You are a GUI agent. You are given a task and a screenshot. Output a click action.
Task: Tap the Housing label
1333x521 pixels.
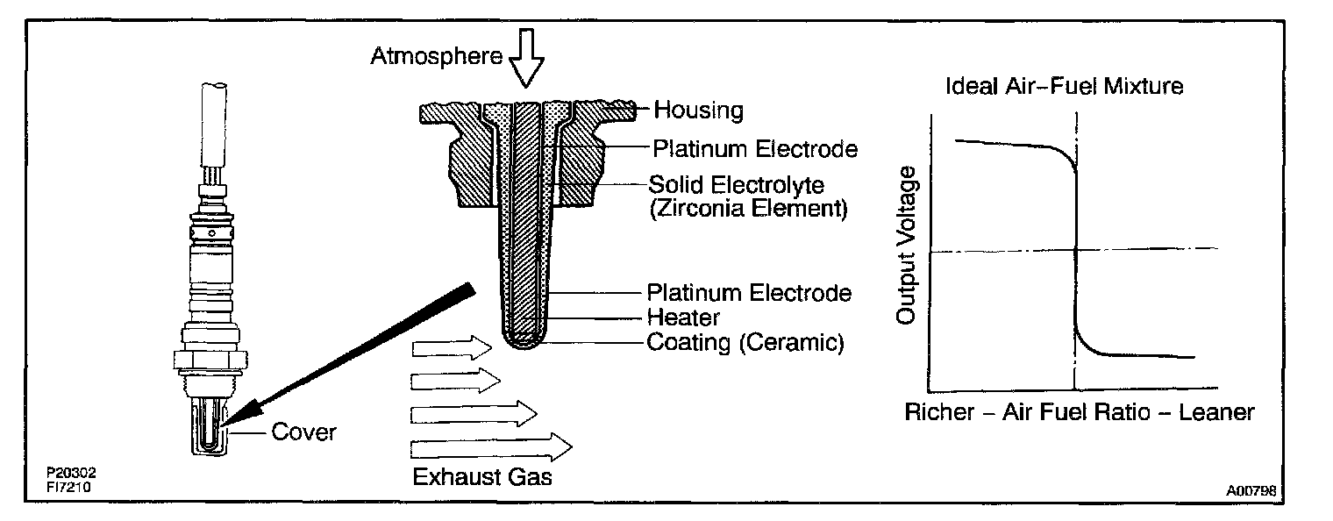(x=699, y=111)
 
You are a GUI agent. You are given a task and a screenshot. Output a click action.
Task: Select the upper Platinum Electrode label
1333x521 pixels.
(x=754, y=149)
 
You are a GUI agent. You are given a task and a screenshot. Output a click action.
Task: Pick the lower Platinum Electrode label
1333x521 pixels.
(x=749, y=292)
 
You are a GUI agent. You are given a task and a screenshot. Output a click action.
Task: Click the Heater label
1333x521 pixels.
(x=683, y=317)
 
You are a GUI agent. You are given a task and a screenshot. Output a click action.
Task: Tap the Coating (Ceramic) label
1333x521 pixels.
(x=745, y=342)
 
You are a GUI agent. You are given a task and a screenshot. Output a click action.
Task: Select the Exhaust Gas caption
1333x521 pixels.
(x=483, y=478)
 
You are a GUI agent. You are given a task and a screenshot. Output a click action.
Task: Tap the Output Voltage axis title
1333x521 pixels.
(x=909, y=245)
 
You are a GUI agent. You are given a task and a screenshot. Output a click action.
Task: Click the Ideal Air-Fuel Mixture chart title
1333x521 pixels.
(x=1064, y=87)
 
